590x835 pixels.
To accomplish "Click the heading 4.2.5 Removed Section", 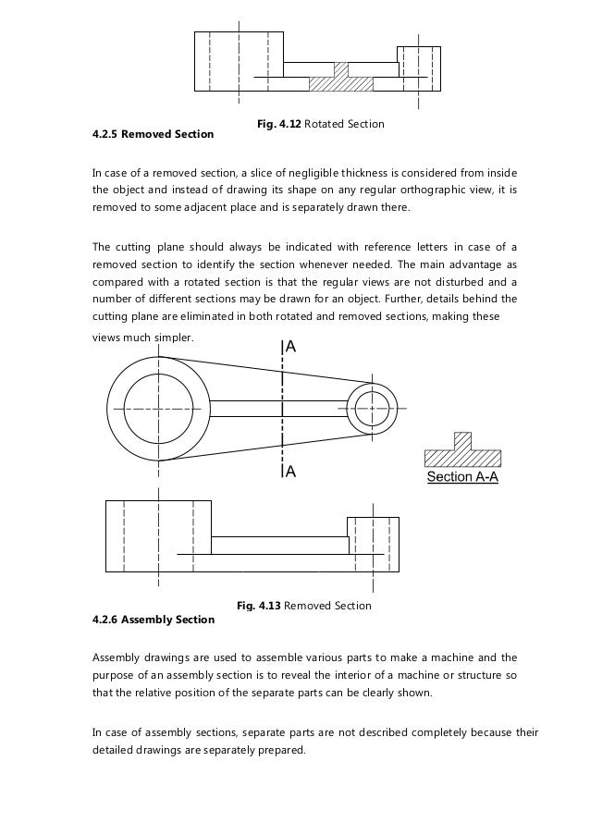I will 153,134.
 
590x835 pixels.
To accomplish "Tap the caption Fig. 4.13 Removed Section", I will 304,606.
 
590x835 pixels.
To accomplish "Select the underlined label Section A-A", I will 461,478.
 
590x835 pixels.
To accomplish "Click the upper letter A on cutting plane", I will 291,349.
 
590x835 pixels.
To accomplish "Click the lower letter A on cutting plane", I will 290,471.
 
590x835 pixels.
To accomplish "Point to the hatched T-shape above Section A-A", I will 461,452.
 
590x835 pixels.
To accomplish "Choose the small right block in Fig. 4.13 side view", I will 372,544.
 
